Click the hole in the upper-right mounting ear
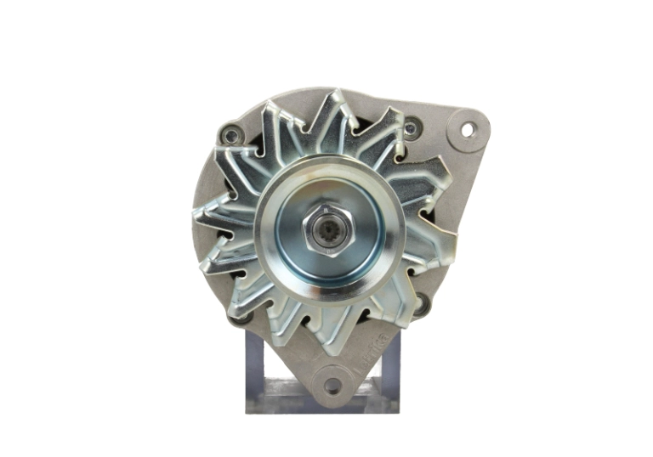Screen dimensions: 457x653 pyautogui.click(x=466, y=130)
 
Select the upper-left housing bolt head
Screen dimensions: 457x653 pyautogui.click(x=230, y=134)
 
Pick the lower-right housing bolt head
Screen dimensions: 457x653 pyautogui.click(x=419, y=303)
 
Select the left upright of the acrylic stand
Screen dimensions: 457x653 pyautogui.click(x=259, y=365)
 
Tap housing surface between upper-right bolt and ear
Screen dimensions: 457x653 pyautogui.click(x=438, y=127)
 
